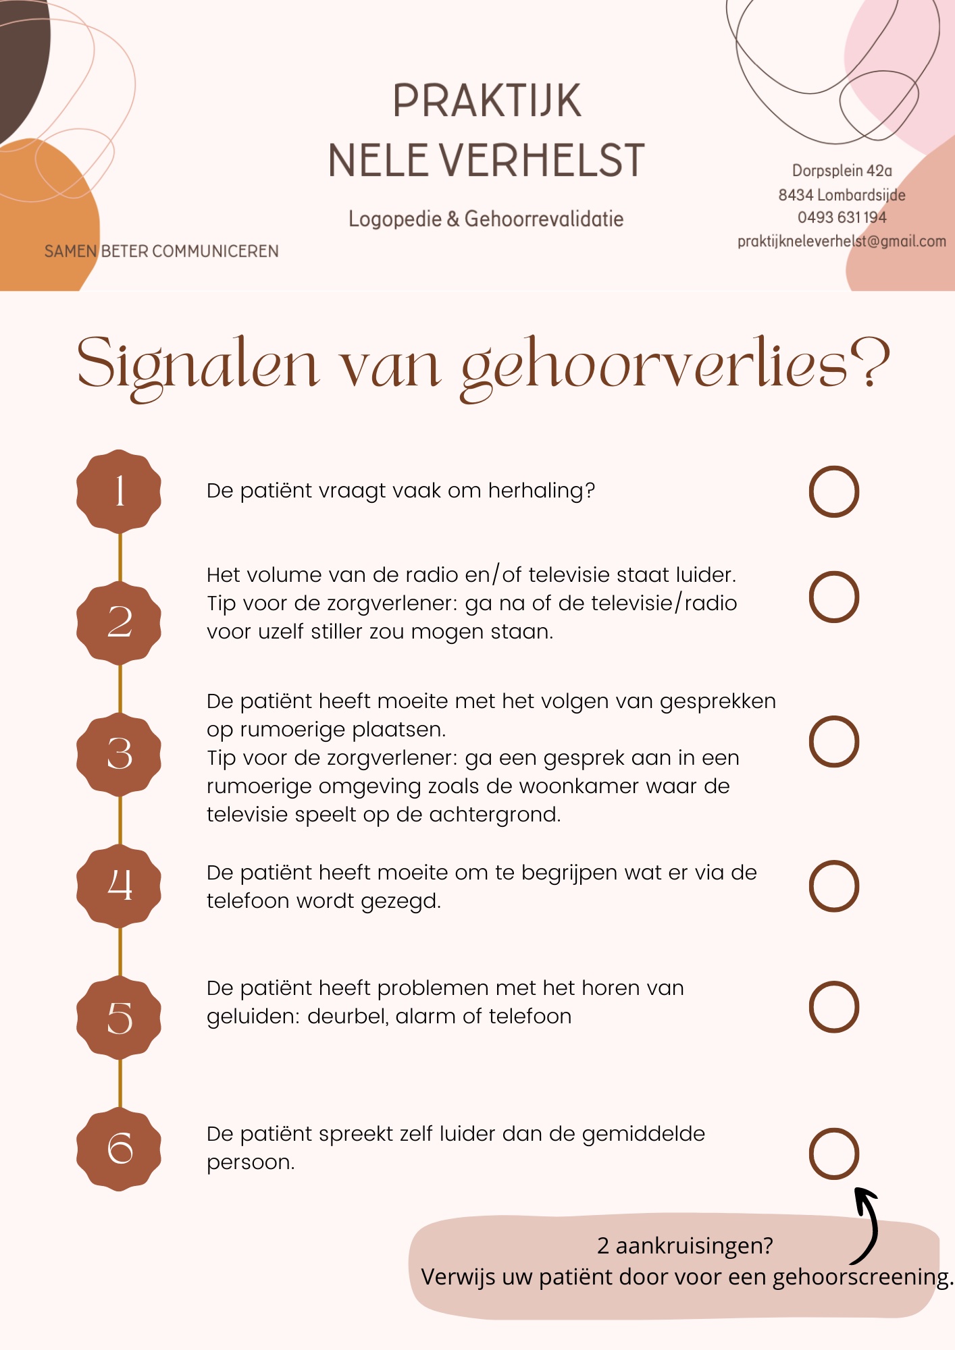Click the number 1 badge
click(x=119, y=491)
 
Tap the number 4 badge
click(x=119, y=885)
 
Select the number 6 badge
click(x=119, y=1148)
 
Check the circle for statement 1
click(x=833, y=491)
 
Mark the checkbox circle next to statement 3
click(x=833, y=741)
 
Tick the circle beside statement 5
click(x=833, y=1006)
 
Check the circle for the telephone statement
click(x=833, y=886)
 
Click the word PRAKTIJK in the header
click(x=486, y=101)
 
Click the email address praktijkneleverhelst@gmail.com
click(x=841, y=241)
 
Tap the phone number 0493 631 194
click(x=842, y=217)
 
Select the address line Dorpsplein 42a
click(x=842, y=171)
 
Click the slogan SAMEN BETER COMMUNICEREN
click(x=161, y=251)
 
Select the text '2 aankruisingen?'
click(x=685, y=1245)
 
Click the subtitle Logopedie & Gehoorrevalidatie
click(x=486, y=219)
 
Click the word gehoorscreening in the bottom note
click(x=860, y=1277)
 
